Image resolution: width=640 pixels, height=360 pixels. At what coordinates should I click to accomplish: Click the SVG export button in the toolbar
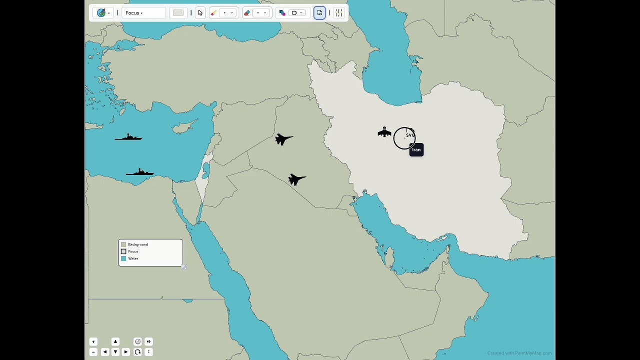click(x=319, y=13)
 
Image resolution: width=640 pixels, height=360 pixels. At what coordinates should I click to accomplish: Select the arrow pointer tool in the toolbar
click(x=200, y=13)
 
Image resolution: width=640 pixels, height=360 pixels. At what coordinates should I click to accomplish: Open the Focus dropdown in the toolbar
click(x=143, y=13)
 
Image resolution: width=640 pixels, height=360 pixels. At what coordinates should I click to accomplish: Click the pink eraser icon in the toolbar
click(x=247, y=13)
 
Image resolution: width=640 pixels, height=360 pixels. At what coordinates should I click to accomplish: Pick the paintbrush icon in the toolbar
click(x=213, y=13)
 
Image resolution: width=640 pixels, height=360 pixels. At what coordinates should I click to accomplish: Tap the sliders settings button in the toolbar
click(x=339, y=13)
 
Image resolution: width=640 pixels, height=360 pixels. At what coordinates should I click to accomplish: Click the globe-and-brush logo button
click(x=101, y=13)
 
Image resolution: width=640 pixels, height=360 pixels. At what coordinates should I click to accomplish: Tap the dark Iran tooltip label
click(x=416, y=150)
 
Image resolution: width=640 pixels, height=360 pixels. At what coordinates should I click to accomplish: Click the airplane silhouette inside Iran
click(x=384, y=132)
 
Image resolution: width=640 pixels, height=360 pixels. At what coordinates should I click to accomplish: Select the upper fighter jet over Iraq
click(x=283, y=139)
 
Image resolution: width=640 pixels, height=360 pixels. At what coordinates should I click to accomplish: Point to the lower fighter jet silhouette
click(x=296, y=179)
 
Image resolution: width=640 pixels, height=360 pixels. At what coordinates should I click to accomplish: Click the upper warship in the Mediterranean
click(x=129, y=137)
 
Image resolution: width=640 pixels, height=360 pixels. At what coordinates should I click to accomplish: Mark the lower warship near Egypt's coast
click(x=140, y=172)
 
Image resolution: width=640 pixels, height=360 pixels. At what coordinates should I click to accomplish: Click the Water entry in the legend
click(x=133, y=258)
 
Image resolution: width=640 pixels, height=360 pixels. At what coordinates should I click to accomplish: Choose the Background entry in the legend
click(x=137, y=244)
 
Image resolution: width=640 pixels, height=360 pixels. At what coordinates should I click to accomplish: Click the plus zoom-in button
click(x=93, y=341)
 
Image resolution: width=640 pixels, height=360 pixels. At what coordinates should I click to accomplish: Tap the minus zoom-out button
click(x=93, y=352)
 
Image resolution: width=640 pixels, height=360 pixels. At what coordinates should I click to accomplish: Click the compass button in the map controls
click(x=137, y=341)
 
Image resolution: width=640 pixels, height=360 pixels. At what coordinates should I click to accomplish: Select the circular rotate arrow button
click(x=137, y=352)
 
